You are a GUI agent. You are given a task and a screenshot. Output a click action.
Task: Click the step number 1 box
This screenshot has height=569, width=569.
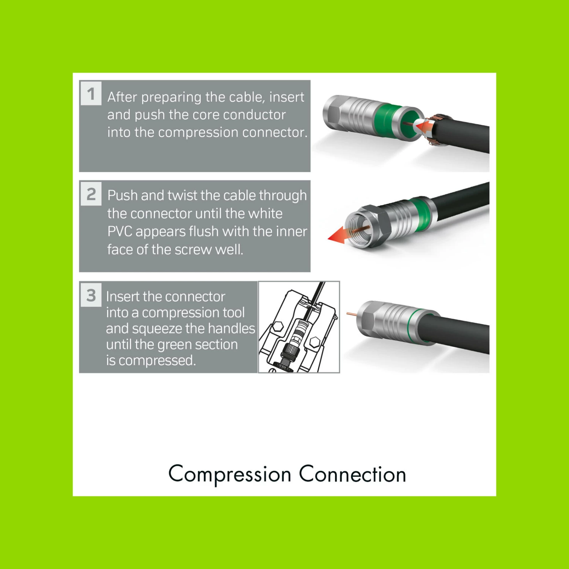91,93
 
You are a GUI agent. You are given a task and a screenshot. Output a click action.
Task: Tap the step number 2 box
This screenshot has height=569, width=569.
91,194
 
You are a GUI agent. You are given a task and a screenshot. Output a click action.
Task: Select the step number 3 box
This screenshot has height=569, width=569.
91,295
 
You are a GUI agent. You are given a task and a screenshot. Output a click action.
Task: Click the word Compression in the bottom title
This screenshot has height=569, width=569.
229,474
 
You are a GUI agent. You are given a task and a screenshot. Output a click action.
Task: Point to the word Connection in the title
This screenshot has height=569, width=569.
352,474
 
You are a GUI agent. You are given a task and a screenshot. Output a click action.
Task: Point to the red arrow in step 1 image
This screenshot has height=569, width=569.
424,126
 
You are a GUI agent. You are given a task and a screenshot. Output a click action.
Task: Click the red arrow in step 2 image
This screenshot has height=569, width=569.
338,236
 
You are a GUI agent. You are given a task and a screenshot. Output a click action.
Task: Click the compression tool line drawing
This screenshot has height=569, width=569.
299,327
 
